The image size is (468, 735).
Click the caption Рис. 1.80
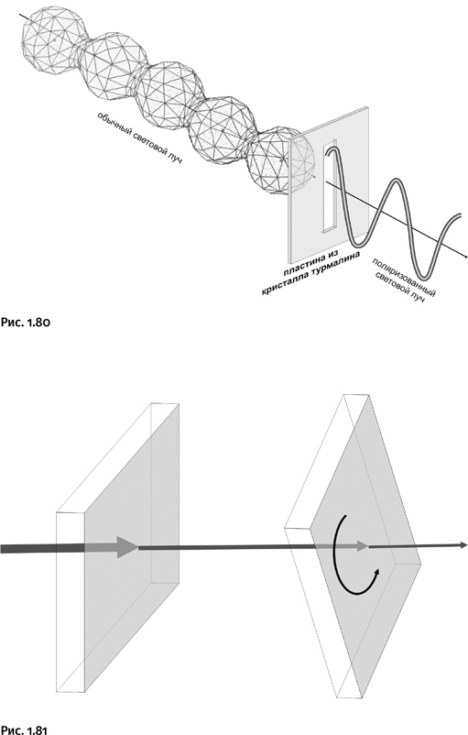pyautogui.click(x=25, y=323)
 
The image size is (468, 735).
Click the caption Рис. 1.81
pyautogui.click(x=24, y=730)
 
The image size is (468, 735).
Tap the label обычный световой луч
pyautogui.click(x=139, y=138)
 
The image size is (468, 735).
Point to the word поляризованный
pyautogui.click(x=404, y=276)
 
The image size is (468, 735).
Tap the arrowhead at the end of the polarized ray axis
pyautogui.click(x=464, y=256)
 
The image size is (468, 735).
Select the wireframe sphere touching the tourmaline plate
pyautogui.click(x=280, y=159)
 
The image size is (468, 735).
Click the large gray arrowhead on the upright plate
pyautogui.click(x=126, y=546)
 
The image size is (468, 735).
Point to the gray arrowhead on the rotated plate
pyautogui.click(x=361, y=546)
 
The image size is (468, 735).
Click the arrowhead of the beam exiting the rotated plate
pyautogui.click(x=463, y=544)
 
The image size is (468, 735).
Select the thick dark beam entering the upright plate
pyautogui.click(x=42, y=548)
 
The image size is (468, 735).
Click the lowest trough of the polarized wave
pyautogui.click(x=425, y=276)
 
